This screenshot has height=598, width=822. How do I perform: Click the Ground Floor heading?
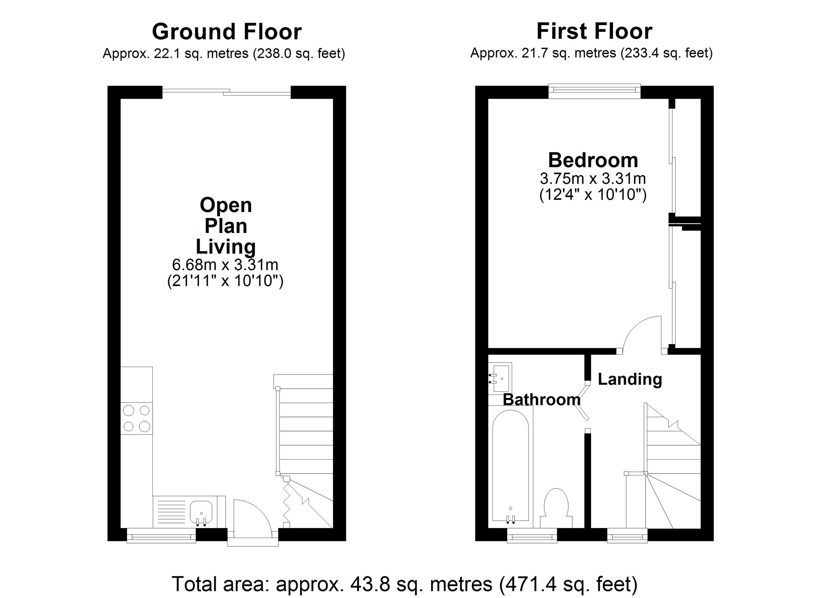pyautogui.click(x=226, y=32)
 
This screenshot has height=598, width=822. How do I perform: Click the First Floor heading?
pyautogui.click(x=594, y=32)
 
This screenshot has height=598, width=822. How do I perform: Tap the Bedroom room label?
pyautogui.click(x=593, y=160)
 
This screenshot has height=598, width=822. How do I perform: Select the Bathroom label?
pyautogui.click(x=541, y=400)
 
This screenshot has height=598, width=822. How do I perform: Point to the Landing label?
pyautogui.click(x=630, y=379)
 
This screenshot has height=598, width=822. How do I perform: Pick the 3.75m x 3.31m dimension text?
pyautogui.click(x=593, y=179)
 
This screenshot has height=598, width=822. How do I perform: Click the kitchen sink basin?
pyautogui.click(x=201, y=511)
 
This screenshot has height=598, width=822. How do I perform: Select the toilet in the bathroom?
pyautogui.click(x=556, y=506)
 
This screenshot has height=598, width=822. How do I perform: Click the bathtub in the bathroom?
pyautogui.click(x=511, y=468)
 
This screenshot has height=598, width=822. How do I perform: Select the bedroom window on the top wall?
pyautogui.click(x=594, y=91)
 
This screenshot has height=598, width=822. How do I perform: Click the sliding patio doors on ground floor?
pyautogui.click(x=226, y=93)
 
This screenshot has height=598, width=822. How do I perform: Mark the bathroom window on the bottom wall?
pyautogui.click(x=532, y=535)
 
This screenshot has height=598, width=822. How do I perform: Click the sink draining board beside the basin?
pyautogui.click(x=169, y=512)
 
